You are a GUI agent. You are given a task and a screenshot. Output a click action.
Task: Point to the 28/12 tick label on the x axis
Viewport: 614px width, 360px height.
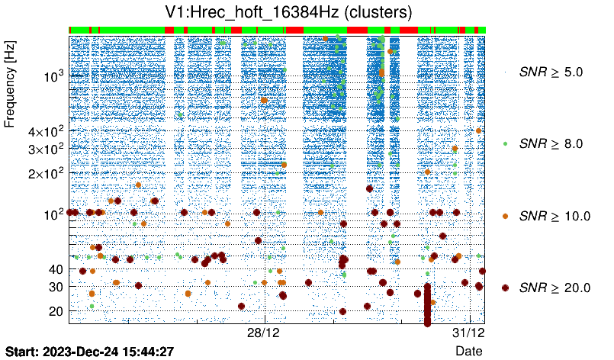click(x=265, y=333)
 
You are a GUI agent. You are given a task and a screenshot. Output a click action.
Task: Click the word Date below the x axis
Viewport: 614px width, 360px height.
click(x=468, y=351)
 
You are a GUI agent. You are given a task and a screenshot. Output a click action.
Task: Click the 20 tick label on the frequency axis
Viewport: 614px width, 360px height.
click(x=54, y=311)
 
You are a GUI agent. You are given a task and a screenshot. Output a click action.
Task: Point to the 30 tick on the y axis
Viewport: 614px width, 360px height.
click(x=54, y=287)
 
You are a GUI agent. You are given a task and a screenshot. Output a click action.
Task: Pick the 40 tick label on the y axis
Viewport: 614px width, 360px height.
click(x=54, y=269)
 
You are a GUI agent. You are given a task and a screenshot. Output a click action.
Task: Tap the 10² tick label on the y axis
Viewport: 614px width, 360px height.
click(x=53, y=214)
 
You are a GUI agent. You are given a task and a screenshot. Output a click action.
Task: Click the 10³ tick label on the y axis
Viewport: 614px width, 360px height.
click(x=53, y=76)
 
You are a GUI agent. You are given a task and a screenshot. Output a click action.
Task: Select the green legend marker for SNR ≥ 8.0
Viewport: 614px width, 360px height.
click(x=505, y=143)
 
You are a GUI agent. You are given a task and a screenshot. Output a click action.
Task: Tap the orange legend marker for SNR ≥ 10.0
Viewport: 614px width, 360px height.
click(x=505, y=216)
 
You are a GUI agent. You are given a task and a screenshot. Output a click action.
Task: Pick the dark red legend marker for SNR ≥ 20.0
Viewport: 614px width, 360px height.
click(x=505, y=288)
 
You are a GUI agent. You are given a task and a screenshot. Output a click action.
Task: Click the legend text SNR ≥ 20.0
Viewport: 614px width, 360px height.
click(x=554, y=288)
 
